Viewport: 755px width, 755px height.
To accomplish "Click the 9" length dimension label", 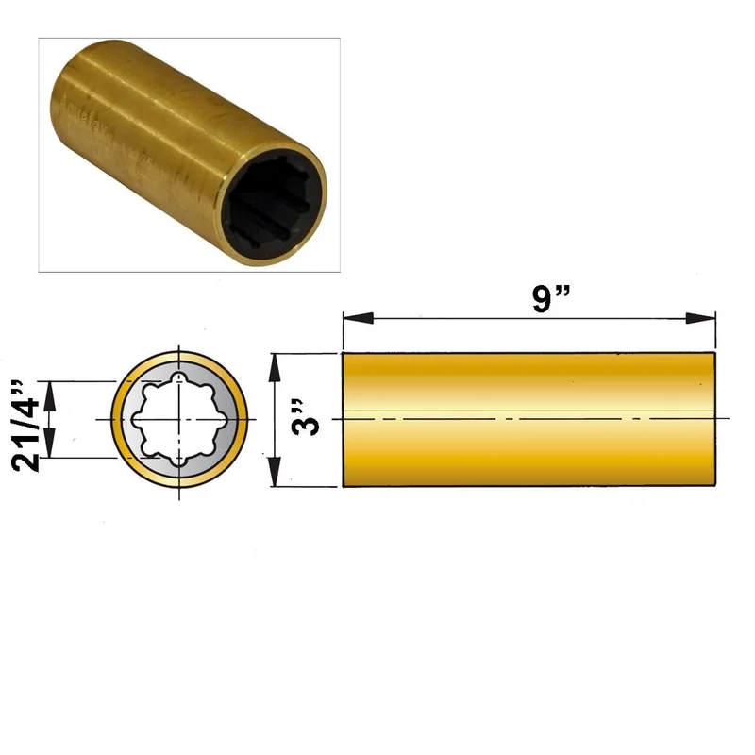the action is point(551,298).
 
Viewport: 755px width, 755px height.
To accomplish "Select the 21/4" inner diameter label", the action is point(25,426).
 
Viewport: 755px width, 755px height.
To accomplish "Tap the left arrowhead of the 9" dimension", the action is point(359,318).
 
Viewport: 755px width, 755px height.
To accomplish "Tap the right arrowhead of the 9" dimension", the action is point(700,318).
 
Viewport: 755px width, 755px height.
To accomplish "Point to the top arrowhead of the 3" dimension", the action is point(274,368).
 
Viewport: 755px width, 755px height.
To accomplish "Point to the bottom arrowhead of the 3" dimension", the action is point(274,472).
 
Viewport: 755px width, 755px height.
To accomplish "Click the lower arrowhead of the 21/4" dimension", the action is point(50,443).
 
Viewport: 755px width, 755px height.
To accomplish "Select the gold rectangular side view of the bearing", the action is point(528,419).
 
